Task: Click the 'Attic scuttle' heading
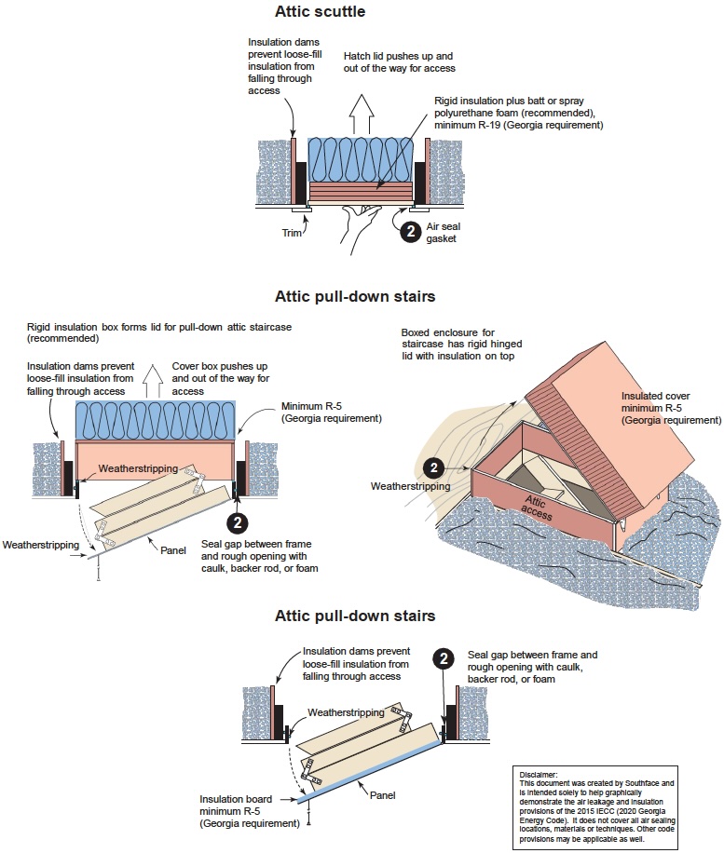coord(320,12)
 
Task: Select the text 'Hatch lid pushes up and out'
coord(399,63)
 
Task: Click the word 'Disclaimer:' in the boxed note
coord(539,773)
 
